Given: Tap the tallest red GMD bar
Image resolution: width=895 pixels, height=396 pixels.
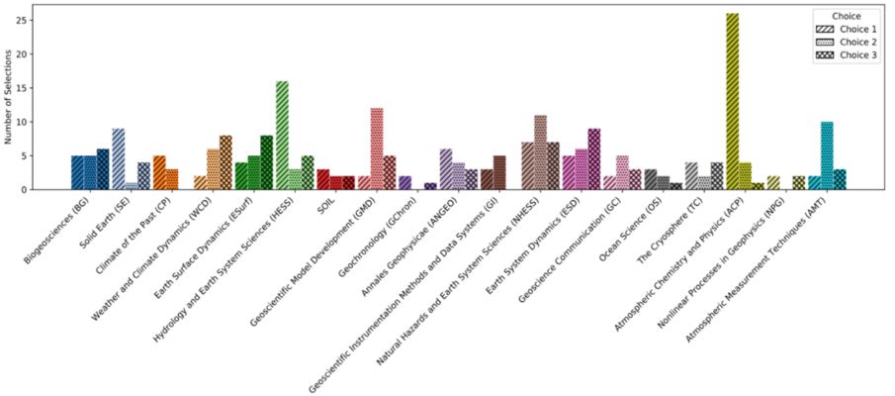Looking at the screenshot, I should tap(377, 148).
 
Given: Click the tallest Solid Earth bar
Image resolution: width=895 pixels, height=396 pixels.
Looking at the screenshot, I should tap(119, 158).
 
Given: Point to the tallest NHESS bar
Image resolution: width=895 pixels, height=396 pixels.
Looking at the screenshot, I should tap(541, 152).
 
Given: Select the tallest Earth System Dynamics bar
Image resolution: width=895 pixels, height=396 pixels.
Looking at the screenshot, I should tap(594, 158).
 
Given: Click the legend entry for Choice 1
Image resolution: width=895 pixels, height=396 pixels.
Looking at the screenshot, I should tap(848, 30).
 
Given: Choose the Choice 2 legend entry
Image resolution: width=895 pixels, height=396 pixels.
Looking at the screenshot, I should tap(848, 43).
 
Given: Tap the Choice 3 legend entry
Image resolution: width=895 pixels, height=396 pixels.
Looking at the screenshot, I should tap(848, 55).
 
